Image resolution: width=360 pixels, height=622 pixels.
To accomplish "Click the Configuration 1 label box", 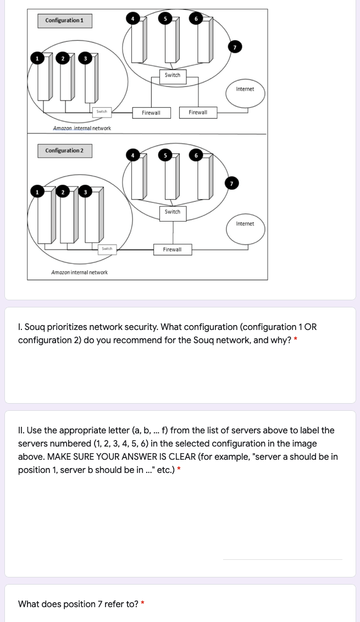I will tap(64, 21).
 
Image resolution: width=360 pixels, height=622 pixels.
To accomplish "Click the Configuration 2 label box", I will tap(64, 151).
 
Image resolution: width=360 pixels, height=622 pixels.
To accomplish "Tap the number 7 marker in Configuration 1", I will tap(235, 48).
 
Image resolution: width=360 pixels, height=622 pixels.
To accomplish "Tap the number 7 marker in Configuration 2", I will tap(232, 183).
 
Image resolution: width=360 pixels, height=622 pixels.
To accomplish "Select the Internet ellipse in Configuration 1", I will tap(245, 92).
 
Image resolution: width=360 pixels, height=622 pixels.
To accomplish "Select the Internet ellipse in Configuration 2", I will tap(245, 226).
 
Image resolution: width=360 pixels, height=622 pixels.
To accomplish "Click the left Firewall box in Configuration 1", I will tap(151, 113).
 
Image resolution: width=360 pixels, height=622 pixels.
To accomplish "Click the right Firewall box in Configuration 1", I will tap(198, 112).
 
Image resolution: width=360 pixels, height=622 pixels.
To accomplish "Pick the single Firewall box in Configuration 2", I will tap(172, 250).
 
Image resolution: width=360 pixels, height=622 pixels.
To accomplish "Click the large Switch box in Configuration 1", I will tap(172, 75).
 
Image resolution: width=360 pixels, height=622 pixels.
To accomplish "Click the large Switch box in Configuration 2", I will tap(172, 212).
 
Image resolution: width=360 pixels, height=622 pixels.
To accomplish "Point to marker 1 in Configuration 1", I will tap(37, 58).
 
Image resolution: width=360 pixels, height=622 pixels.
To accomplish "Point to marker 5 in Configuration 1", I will tap(164, 18).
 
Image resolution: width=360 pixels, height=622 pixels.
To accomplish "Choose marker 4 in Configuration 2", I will tap(132, 155).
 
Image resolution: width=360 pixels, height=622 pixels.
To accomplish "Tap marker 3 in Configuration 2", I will tap(86, 191).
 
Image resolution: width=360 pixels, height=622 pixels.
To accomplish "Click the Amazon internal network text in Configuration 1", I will tap(81, 128).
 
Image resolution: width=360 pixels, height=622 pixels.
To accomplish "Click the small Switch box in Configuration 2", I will tap(107, 249).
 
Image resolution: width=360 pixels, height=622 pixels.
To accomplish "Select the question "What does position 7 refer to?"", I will tap(78, 604).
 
